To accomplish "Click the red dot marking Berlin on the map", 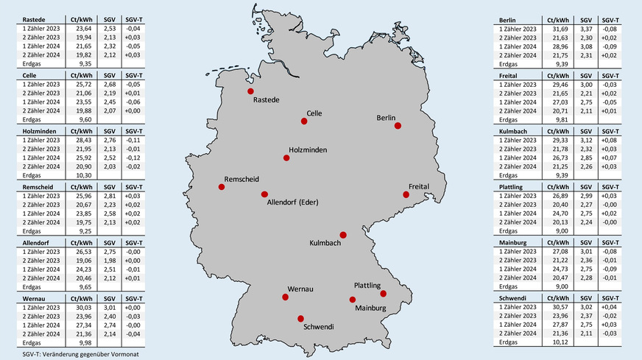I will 398,126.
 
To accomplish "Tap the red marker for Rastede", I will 251,91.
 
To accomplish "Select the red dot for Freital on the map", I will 406,194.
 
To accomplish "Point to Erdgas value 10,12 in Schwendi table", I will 555,341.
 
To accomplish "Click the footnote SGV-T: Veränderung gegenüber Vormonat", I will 71,354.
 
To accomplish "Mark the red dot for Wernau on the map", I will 286,297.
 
